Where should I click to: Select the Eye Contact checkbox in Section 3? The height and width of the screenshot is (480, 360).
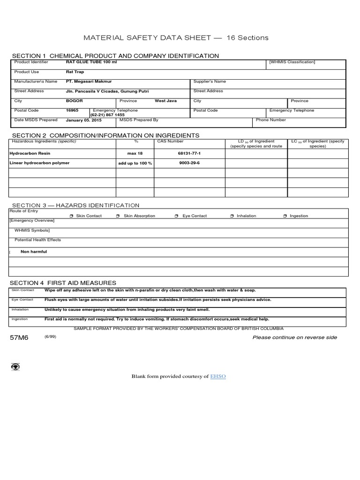click(176, 216)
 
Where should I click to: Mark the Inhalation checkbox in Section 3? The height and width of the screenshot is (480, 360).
click(232, 216)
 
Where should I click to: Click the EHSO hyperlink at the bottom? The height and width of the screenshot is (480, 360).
click(218, 376)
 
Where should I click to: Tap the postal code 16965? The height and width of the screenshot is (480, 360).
click(72, 111)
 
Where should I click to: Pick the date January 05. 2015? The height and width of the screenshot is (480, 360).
click(83, 120)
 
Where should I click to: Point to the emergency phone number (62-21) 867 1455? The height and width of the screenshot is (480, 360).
click(107, 115)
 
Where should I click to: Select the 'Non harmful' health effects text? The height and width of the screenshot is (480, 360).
click(34, 252)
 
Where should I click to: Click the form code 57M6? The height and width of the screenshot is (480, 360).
click(19, 338)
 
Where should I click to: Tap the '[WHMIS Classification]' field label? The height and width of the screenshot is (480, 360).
click(292, 62)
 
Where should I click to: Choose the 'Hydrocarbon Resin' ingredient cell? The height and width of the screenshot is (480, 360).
click(30, 153)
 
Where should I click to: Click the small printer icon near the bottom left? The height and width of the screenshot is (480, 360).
click(15, 367)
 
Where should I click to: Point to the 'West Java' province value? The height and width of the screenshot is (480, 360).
click(165, 101)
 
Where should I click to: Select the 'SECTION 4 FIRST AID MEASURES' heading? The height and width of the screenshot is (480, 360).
click(64, 283)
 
